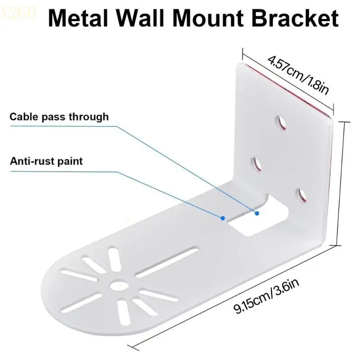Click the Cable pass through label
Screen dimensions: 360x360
(59, 117)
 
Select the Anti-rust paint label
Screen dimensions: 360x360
(46, 161)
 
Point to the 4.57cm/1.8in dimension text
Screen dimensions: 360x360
(297, 74)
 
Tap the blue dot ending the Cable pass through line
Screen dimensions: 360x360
(257, 213)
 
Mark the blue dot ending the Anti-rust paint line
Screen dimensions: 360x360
(223, 218)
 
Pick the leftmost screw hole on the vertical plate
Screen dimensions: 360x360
(256, 164)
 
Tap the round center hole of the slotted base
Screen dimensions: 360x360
(118, 284)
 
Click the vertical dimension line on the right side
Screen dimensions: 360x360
(342, 180)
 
